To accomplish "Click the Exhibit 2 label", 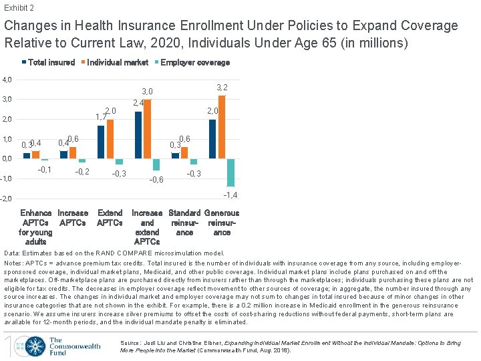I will click(19, 8).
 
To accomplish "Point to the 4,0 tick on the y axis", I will click(6, 80).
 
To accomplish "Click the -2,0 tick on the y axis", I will click(6, 199).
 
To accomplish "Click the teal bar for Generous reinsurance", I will click(230, 172).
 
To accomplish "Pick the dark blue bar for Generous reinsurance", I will click(212, 139).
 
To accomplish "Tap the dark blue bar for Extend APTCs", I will click(101, 142).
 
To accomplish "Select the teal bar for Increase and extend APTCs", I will click(156, 164).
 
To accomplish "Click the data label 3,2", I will click(222, 88).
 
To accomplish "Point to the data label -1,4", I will click(230, 195).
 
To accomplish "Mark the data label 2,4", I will click(138, 103).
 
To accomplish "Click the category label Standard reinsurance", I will click(184, 223).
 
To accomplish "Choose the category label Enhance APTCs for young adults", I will click(36, 227).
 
